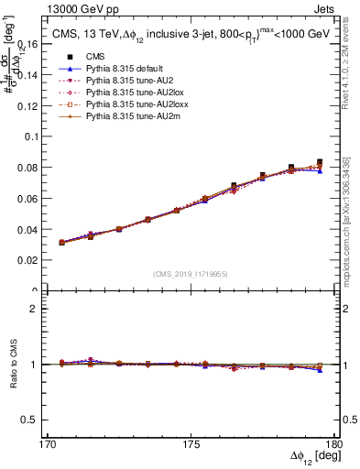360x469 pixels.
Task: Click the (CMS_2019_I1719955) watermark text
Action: [191, 273]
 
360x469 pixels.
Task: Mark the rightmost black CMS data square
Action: [320, 162]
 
